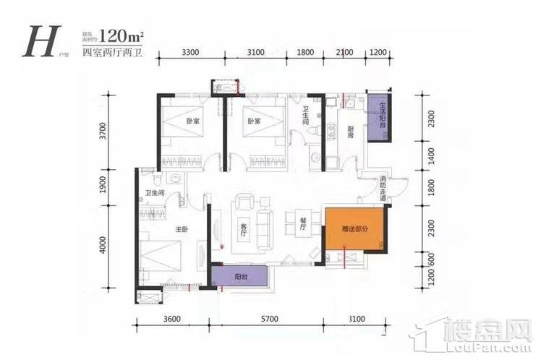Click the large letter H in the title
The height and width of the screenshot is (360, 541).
tap(38, 42)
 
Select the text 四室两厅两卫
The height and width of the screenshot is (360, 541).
tap(108, 53)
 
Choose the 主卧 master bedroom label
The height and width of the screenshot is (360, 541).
tap(182, 229)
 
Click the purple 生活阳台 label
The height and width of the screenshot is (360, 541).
tap(378, 116)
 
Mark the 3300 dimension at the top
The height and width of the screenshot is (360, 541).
tap(191, 53)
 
